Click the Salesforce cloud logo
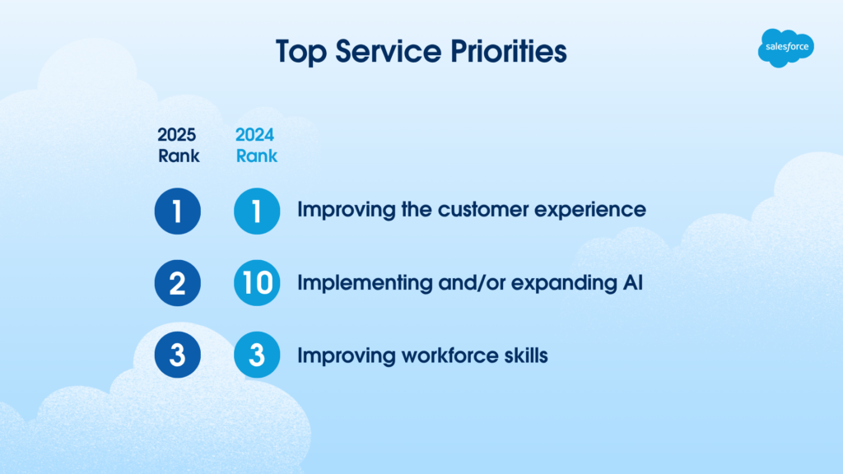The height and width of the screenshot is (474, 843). coord(785,47)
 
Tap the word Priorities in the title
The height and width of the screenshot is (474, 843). coord(506,51)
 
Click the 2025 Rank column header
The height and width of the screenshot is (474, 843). coord(178,145)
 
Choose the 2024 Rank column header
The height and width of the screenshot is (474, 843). coord(256,145)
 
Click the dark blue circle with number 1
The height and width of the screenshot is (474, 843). coord(178,211)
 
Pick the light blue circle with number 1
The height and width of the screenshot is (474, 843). coord(257,211)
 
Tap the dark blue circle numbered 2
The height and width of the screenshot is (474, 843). coord(178,284)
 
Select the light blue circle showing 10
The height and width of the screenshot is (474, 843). coord(257,284)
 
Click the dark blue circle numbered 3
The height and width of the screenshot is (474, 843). coord(178,356)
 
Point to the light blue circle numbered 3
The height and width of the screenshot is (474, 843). coord(257,356)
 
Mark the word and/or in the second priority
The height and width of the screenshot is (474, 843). coord(466,283)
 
